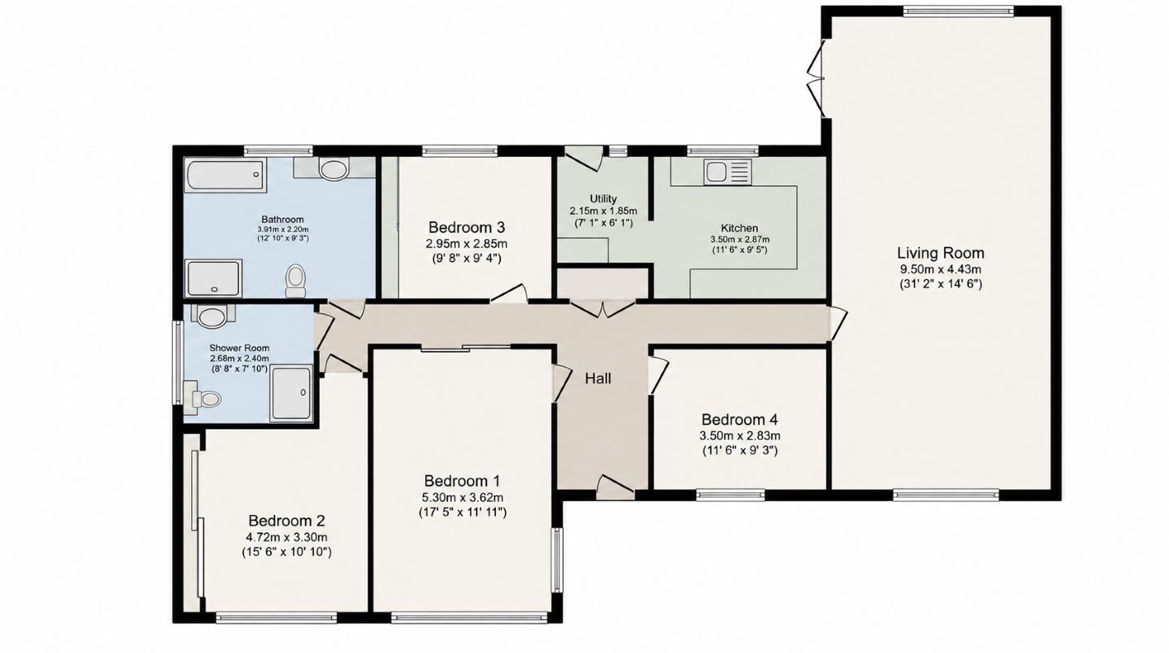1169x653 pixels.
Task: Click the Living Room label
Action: (x=941, y=253)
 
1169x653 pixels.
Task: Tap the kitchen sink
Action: (x=728, y=171)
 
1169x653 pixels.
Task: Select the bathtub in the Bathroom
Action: (x=225, y=175)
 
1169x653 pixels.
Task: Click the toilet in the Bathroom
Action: (x=296, y=281)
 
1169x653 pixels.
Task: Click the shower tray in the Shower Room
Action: (x=291, y=393)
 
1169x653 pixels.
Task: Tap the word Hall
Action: (x=597, y=379)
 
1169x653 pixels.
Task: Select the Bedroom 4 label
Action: (x=740, y=420)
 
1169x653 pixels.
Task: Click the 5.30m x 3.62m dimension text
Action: (x=463, y=497)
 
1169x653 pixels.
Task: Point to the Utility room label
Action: (x=604, y=199)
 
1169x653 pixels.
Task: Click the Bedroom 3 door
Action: (x=508, y=293)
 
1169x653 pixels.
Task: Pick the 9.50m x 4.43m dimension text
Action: (x=941, y=269)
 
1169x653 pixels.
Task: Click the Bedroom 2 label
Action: (x=286, y=521)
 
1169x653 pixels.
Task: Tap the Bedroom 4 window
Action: (x=731, y=495)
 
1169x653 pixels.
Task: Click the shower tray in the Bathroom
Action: (x=214, y=278)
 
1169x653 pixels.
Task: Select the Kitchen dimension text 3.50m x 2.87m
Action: (x=740, y=240)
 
